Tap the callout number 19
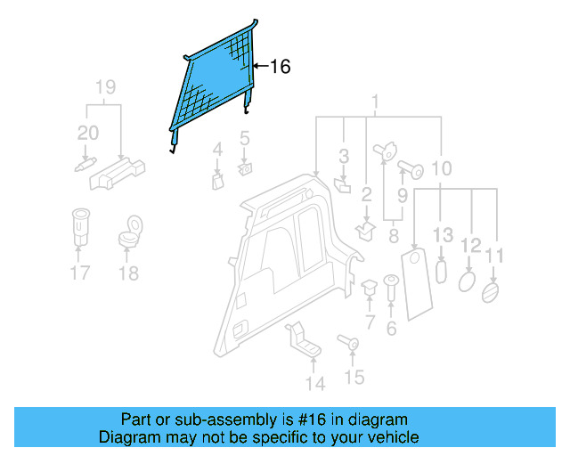pyautogui.click(x=105, y=87)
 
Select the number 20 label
pyautogui.click(x=88, y=134)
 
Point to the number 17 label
pyautogui.click(x=80, y=273)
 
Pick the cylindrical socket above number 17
pyautogui.click(x=80, y=226)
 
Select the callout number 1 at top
pyautogui.click(x=376, y=102)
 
